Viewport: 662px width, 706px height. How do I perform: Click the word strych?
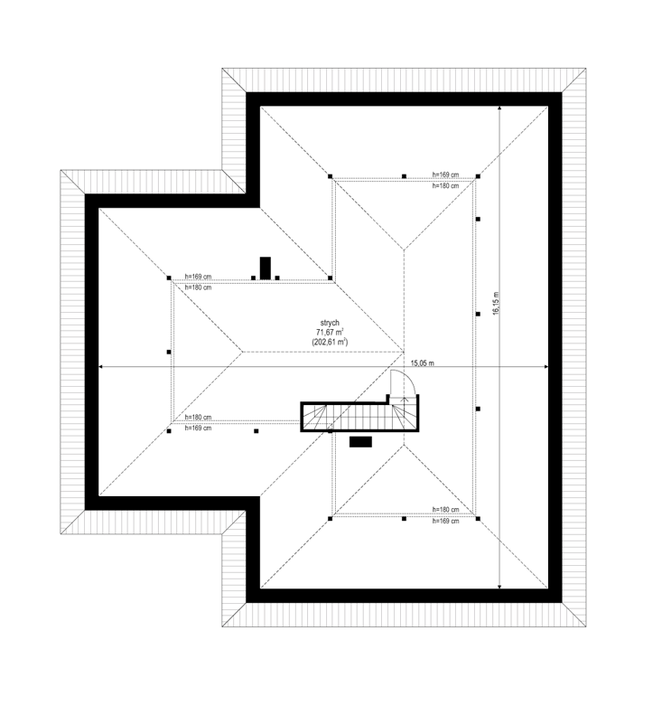pyautogui.click(x=330, y=323)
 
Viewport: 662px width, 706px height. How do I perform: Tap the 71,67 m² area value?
pyautogui.click(x=331, y=333)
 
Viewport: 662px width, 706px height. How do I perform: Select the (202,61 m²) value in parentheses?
pyautogui.click(x=330, y=343)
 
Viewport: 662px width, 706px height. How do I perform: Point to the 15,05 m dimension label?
pyautogui.click(x=423, y=362)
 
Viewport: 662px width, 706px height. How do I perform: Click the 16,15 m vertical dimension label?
pyautogui.click(x=496, y=303)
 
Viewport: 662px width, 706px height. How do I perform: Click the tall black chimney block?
pyautogui.click(x=266, y=268)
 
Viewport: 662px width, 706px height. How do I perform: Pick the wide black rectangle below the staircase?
pyautogui.click(x=360, y=442)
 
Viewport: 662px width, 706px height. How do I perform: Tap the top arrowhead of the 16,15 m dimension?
pyautogui.click(x=499, y=108)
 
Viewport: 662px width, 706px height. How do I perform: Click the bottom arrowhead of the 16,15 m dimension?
pyautogui.click(x=499, y=586)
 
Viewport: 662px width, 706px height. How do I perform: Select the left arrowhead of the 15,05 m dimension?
pyautogui.click(x=101, y=367)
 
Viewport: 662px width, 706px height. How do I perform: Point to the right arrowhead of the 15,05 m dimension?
pyautogui.click(x=545, y=367)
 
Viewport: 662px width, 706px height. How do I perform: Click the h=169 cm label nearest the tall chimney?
pyautogui.click(x=198, y=277)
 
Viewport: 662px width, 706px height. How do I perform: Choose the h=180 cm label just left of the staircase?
pyautogui.click(x=198, y=417)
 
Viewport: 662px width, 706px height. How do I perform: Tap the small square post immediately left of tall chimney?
pyautogui.click(x=253, y=278)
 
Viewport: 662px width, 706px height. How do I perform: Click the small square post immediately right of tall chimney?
pyautogui.click(x=277, y=278)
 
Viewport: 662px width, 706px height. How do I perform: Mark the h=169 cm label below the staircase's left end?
pyautogui.click(x=198, y=428)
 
